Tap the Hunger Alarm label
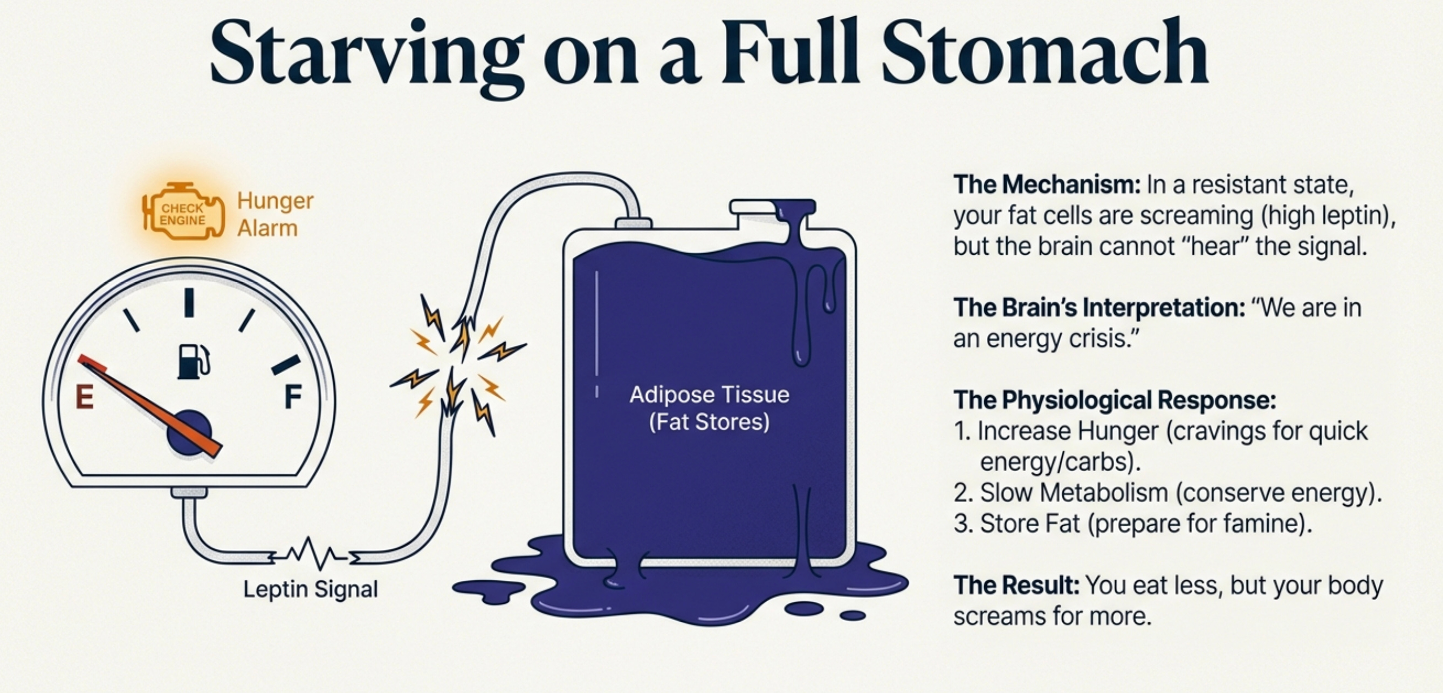pyautogui.click(x=274, y=214)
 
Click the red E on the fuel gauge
pyautogui.click(x=85, y=398)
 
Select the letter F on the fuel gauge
pyautogui.click(x=293, y=397)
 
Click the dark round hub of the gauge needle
pyautogui.click(x=189, y=432)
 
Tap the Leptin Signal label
pyautogui.click(x=311, y=589)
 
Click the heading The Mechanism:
pyautogui.click(x=1047, y=185)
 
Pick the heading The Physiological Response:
pyautogui.click(x=1114, y=400)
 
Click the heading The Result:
pyautogui.click(x=1016, y=586)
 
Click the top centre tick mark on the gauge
pyautogui.click(x=189, y=302)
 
